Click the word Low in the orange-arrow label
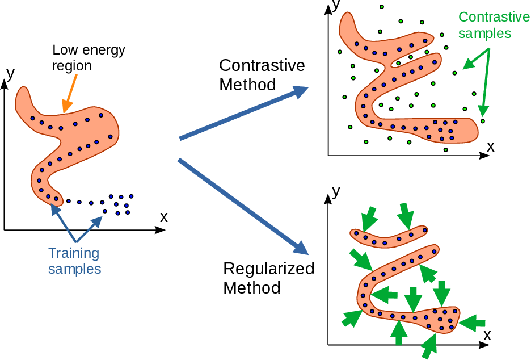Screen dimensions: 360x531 [x=63, y=50]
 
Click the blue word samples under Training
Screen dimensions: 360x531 [x=74, y=269]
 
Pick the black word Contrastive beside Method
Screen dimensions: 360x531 [x=262, y=65]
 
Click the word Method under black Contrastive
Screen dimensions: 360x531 [x=247, y=85]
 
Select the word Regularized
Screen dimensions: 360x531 [x=269, y=268]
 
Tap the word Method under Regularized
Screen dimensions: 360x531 [x=252, y=287]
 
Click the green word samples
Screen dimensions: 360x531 [x=485, y=33]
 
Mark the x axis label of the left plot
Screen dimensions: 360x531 [x=164, y=216]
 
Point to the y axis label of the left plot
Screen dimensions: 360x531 [x=10, y=73]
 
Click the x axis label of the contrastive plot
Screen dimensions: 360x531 [x=491, y=146]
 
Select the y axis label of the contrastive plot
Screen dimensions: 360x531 [x=336, y=6]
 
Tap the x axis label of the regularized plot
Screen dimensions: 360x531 [x=487, y=334]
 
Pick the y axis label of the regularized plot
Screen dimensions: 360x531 [x=336, y=191]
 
